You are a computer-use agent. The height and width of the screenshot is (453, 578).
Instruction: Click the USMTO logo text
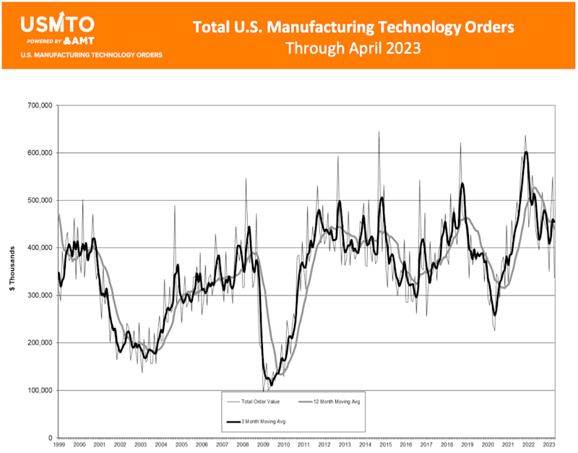coord(57,25)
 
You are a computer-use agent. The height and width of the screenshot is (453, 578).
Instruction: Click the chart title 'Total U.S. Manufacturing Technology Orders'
coord(353,27)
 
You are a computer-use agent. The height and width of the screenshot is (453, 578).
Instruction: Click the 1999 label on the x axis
coord(59,446)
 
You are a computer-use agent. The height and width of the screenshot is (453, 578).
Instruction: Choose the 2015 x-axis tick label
coord(386,446)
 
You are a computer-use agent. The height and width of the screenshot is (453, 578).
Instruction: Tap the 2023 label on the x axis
coord(549,446)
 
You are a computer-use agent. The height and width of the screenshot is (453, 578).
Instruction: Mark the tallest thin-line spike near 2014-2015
coord(379,132)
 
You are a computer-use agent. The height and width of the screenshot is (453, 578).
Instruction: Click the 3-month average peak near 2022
coord(526,152)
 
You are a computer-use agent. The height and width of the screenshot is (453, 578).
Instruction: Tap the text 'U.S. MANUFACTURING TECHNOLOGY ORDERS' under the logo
coord(92,55)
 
